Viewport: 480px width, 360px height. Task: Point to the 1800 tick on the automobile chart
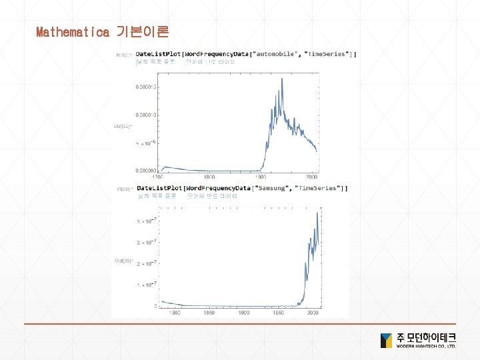pos(209,177)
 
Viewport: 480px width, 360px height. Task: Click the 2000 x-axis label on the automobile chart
pos(311,177)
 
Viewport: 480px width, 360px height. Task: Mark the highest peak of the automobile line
pos(281,79)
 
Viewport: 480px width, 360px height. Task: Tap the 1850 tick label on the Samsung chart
pos(210,312)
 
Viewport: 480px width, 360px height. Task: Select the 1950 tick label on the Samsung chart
pos(279,312)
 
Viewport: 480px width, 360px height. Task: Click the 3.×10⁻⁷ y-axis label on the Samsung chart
pos(147,242)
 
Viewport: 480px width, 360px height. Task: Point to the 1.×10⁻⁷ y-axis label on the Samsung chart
pos(147,285)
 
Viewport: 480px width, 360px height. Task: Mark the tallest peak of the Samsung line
pos(317,207)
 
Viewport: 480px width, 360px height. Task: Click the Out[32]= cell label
pos(123,125)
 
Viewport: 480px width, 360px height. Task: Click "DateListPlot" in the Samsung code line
pos(159,188)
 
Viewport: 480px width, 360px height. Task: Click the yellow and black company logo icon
pos(387,341)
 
